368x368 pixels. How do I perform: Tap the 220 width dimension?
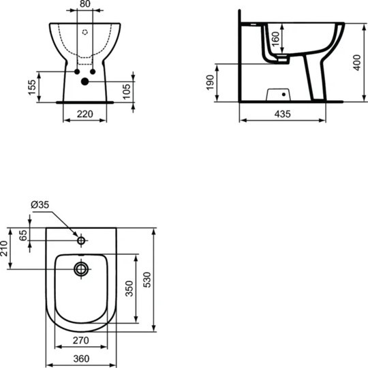point(85,114)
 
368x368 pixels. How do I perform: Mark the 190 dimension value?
point(210,82)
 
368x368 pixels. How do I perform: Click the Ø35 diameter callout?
point(40,204)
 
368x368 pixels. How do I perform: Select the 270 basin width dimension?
point(81,340)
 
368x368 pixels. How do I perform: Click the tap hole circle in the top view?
point(81,241)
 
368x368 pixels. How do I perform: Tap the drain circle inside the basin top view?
point(82,269)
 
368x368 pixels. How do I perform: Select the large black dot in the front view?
point(85,82)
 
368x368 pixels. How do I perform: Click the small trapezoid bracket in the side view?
point(276,92)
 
